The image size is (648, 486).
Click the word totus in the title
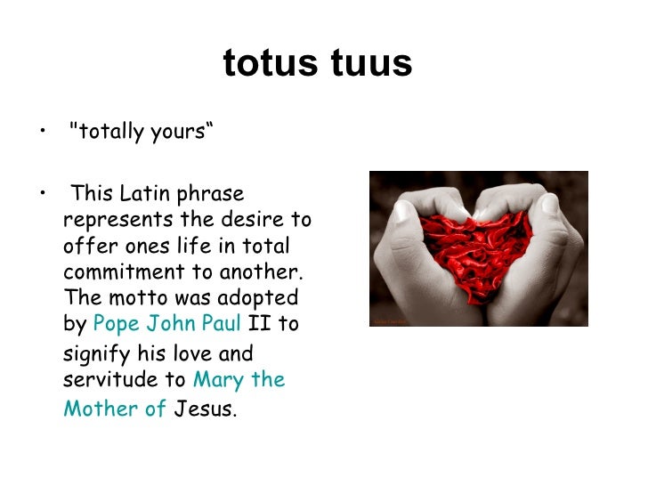point(271,63)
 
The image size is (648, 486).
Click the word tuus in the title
point(371,63)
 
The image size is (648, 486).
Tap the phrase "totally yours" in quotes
point(142,132)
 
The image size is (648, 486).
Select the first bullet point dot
point(43,131)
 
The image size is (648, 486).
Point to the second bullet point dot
point(43,192)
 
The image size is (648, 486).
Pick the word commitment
point(124,272)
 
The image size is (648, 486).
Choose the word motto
point(139,297)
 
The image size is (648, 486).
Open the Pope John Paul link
point(167,323)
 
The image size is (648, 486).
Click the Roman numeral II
point(260,323)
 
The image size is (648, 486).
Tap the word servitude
point(110,379)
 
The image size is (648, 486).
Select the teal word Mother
point(101,409)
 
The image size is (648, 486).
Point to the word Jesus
point(203,409)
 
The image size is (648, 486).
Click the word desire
point(253,220)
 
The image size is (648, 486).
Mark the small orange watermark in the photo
point(390,321)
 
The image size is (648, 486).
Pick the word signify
point(97,354)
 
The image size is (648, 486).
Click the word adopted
point(258,298)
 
